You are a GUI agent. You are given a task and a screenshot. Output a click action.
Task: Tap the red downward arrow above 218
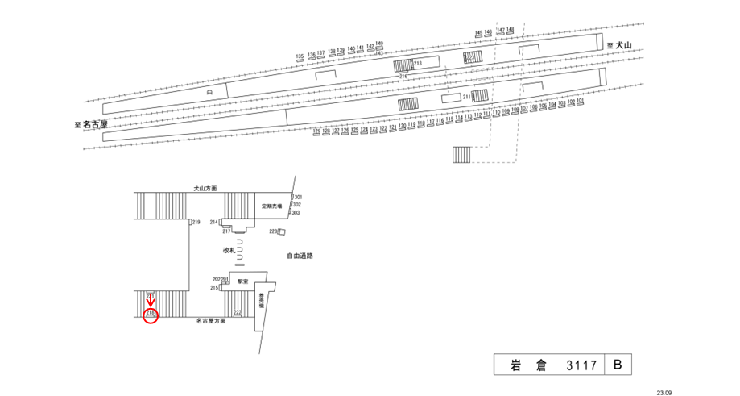[x=151, y=300]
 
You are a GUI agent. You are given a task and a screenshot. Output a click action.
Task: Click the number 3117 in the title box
[x=581, y=365]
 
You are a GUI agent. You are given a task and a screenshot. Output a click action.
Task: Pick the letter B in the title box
[x=618, y=365]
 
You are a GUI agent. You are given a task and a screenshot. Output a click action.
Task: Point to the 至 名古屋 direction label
[x=91, y=125]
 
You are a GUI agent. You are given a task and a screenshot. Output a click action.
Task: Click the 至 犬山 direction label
[x=621, y=45]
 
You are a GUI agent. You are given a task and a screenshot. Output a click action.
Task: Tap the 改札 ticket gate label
[x=229, y=251]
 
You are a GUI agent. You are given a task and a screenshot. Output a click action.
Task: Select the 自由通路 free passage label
[x=300, y=256]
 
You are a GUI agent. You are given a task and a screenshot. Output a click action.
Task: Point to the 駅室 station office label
[x=242, y=281]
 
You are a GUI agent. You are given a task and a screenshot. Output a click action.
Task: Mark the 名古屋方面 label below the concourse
[x=211, y=321]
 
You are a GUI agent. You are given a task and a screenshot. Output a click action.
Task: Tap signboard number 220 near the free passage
[x=273, y=231]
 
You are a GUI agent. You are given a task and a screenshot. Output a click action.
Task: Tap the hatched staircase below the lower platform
[x=461, y=154]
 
